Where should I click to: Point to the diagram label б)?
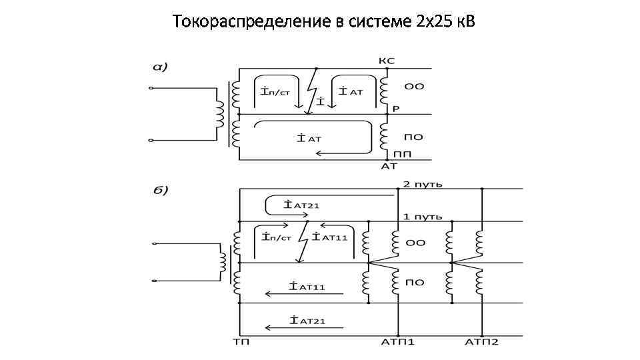tap(159, 190)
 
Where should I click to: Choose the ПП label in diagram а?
tap(403, 154)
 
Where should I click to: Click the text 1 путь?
tap(421, 217)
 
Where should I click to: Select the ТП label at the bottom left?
tap(241, 342)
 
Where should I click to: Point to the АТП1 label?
tap(398, 342)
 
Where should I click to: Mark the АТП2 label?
tap(481, 342)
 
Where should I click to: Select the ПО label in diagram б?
tap(415, 283)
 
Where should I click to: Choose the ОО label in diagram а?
tap(415, 87)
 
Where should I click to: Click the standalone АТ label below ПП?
tap(389, 166)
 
